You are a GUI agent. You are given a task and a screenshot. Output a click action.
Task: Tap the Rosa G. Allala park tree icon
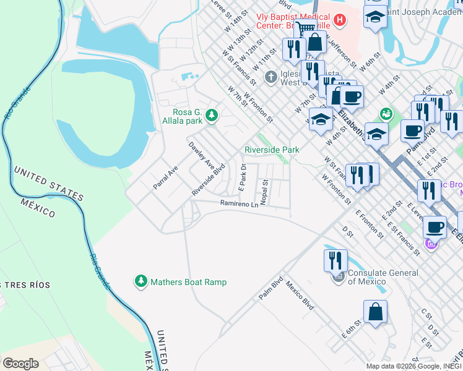212,115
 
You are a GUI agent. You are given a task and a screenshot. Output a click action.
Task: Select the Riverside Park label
272,150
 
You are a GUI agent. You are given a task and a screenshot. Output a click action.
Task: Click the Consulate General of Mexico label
382,277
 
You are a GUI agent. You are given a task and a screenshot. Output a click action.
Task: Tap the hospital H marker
339,20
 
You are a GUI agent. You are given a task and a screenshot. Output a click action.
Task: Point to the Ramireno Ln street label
238,203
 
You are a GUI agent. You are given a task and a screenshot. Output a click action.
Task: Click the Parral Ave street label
165,177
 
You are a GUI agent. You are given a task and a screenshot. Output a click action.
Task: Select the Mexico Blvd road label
300,296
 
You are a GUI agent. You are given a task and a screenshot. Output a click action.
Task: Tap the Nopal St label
264,193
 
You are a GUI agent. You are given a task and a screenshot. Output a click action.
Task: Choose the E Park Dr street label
243,177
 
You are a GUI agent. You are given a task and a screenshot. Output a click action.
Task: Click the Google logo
20,364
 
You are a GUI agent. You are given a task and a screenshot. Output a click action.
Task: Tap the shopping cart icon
305,28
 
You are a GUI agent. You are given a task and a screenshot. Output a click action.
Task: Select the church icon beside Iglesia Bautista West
270,77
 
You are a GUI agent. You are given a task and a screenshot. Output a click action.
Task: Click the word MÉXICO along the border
38,208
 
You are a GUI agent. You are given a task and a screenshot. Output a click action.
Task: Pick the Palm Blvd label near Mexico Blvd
271,289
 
